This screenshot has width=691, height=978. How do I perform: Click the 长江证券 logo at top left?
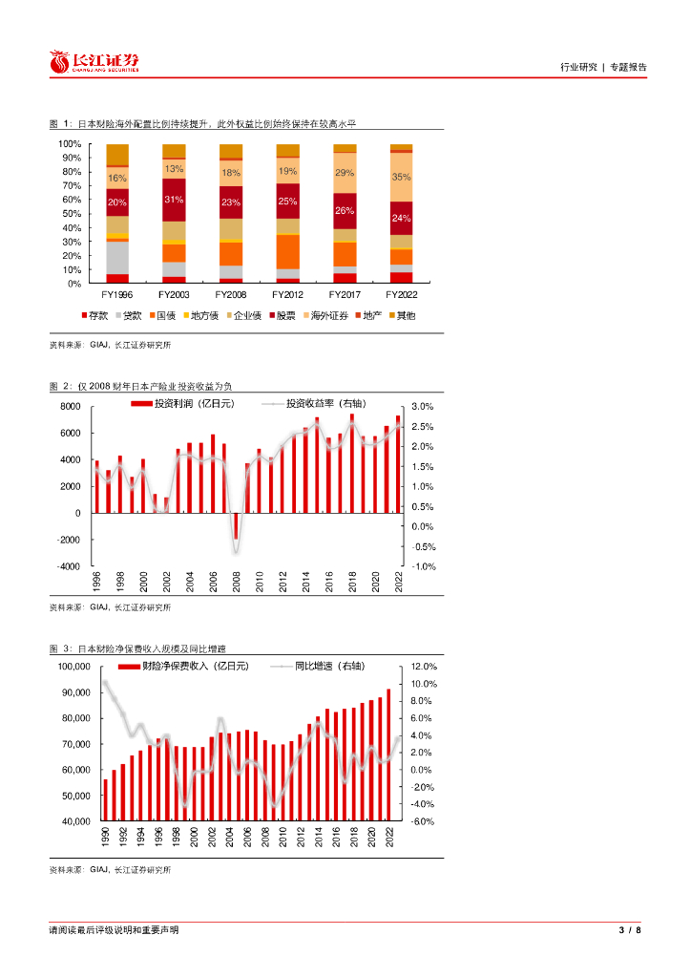point(94,62)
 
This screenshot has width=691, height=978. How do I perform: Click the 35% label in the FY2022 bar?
point(402,177)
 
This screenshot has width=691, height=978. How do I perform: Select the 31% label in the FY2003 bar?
point(174,200)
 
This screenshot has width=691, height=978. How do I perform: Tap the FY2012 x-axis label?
point(287,295)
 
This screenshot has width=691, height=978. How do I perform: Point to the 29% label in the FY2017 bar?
point(345,173)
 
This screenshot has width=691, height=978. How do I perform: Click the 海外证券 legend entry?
point(327,315)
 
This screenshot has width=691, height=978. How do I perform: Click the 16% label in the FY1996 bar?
point(116,179)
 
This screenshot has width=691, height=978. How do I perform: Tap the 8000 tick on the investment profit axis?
point(70,407)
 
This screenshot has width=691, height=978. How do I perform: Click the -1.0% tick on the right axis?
point(423,566)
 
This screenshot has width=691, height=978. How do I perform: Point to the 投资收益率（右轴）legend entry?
point(325,405)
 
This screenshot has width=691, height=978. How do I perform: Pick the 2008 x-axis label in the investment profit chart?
point(236,582)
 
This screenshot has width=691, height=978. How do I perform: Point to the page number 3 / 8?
point(630,930)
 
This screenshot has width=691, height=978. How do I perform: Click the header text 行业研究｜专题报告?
point(602,67)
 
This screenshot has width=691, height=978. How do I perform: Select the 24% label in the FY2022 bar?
point(402,218)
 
